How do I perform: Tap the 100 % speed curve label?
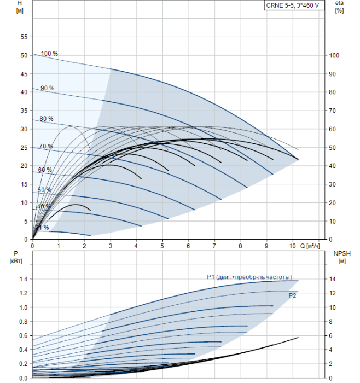pos(49,54)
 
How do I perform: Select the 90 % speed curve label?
pos(48,88)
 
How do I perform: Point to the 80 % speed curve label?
pos(47,119)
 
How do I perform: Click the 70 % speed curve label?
pos(46,146)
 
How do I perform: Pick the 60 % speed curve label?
pos(45,170)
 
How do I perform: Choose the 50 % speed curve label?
pos(44,190)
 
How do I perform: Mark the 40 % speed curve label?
pos(44,207)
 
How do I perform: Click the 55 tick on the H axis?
pos(24,37)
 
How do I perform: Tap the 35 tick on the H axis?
pos(24,111)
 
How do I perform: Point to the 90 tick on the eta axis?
pos(334,74)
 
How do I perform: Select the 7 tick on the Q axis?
pos(214,246)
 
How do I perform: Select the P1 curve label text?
pos(249,277)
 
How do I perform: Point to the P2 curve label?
pos(293,295)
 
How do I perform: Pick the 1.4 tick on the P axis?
pos(22,279)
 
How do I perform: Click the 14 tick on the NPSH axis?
pos(334,279)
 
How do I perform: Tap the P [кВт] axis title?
pos(15,257)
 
